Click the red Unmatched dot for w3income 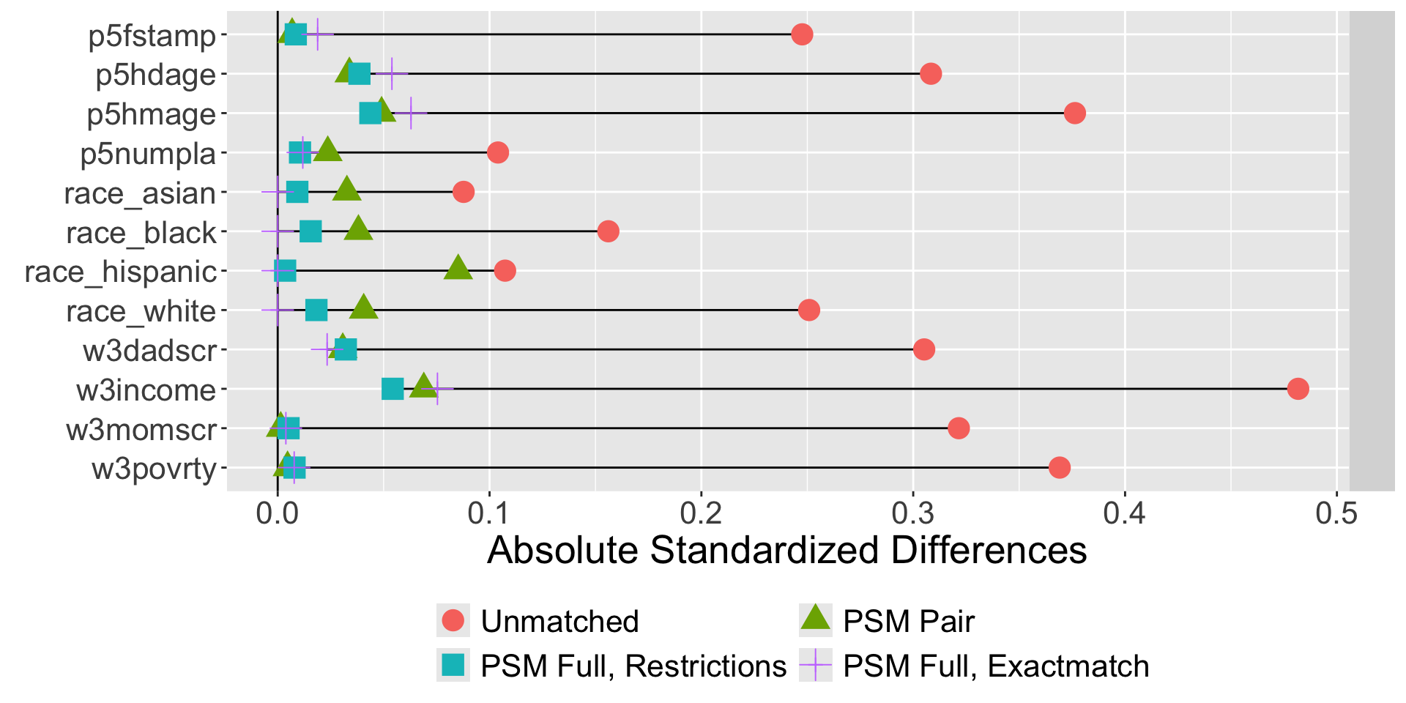pyautogui.click(x=1298, y=389)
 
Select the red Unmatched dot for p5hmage pyautogui.click(x=1074, y=114)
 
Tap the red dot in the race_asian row pyautogui.click(x=464, y=192)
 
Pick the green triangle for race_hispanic pyautogui.click(x=458, y=268)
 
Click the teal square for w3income pyautogui.click(x=393, y=389)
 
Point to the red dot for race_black pyautogui.click(x=608, y=231)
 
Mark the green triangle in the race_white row pyautogui.click(x=364, y=308)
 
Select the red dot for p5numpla pyautogui.click(x=498, y=152)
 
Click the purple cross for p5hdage pyautogui.click(x=392, y=74)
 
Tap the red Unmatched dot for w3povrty pyautogui.click(x=1059, y=467)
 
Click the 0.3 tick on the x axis pyautogui.click(x=912, y=513)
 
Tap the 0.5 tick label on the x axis pyautogui.click(x=1336, y=513)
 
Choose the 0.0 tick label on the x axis pyautogui.click(x=278, y=513)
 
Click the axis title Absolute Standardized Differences pyautogui.click(x=787, y=550)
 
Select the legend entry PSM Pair pyautogui.click(x=908, y=622)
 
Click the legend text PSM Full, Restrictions pyautogui.click(x=633, y=666)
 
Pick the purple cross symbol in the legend pyautogui.click(x=816, y=666)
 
